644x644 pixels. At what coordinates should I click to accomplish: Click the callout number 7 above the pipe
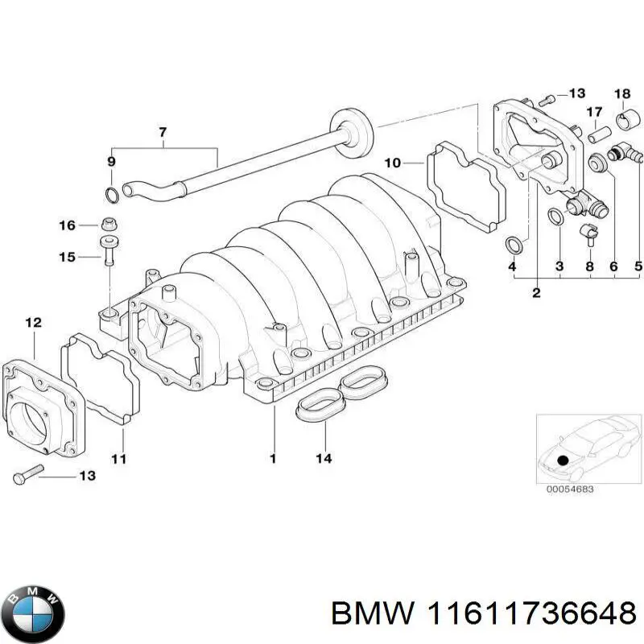click(x=163, y=131)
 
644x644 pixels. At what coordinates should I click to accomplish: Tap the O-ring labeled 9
click(x=113, y=194)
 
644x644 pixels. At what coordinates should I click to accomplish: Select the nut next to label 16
click(x=109, y=225)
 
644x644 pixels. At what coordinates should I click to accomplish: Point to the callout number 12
click(x=32, y=323)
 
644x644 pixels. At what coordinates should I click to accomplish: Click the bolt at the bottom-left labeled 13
click(x=23, y=475)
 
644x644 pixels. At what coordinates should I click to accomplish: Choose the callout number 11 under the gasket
click(x=119, y=459)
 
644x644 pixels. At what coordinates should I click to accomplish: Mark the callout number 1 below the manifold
click(x=273, y=459)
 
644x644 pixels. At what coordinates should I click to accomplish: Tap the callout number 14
click(x=324, y=459)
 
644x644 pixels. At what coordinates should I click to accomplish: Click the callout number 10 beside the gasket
click(x=392, y=163)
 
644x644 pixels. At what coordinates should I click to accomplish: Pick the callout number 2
click(x=536, y=293)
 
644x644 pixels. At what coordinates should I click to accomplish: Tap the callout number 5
click(x=638, y=266)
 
